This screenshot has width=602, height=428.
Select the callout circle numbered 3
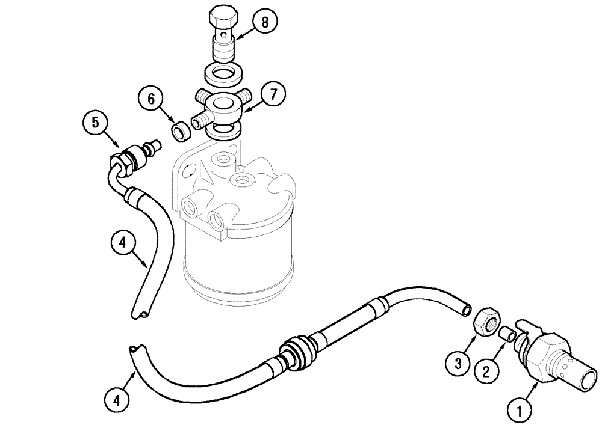click(458, 362)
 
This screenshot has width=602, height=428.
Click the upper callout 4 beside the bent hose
click(123, 243)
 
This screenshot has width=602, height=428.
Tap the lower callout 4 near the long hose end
click(117, 400)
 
